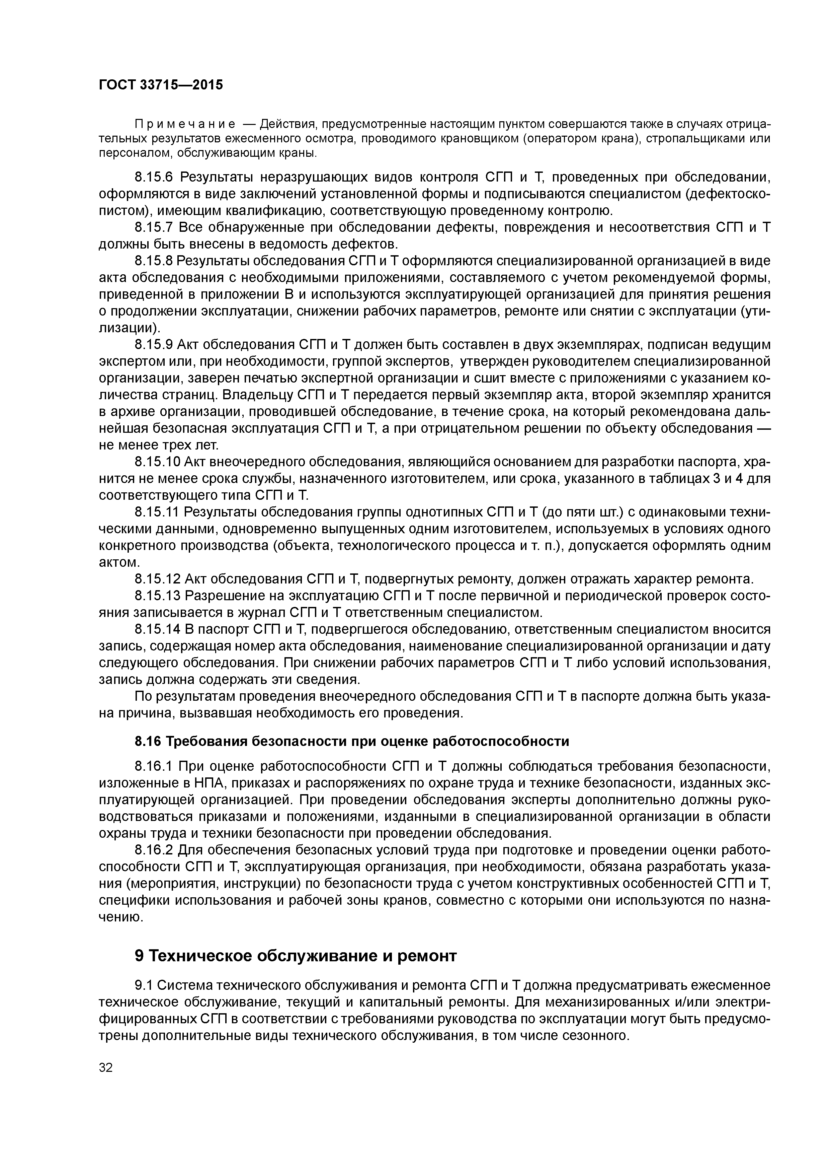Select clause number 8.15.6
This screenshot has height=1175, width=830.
[154, 178]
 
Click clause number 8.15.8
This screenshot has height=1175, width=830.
[154, 261]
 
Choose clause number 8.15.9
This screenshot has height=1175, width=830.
[154, 344]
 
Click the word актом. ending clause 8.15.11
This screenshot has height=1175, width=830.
[119, 562]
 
